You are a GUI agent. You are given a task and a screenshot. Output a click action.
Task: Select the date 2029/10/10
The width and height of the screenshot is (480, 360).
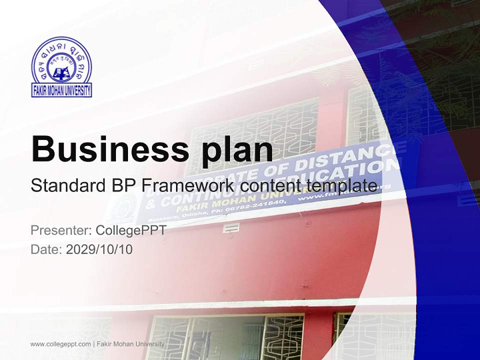coord(99,249)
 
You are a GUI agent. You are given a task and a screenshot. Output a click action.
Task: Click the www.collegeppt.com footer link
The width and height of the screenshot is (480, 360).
coord(60,344)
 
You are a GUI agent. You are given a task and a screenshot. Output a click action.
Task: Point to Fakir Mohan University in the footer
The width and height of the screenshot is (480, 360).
coord(130,344)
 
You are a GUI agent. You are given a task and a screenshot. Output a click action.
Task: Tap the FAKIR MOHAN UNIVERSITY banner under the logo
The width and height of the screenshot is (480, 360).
coord(61,90)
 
